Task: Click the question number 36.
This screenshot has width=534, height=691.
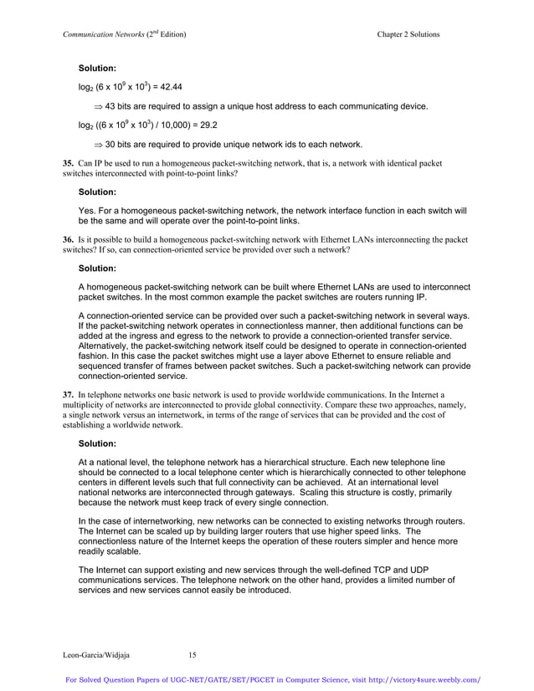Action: pyautogui.click(x=68, y=239)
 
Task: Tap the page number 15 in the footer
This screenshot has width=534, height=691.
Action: pyautogui.click(x=193, y=654)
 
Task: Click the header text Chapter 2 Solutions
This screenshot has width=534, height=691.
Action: pyautogui.click(x=408, y=33)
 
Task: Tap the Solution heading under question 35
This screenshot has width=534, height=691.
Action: pyautogui.click(x=97, y=192)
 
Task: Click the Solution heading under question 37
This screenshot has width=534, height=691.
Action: pyautogui.click(x=97, y=444)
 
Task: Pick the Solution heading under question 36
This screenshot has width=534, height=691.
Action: pyautogui.click(x=97, y=269)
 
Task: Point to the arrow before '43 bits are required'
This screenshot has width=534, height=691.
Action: pyautogui.click(x=97, y=106)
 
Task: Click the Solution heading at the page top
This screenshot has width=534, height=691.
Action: pyautogui.click(x=97, y=66)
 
